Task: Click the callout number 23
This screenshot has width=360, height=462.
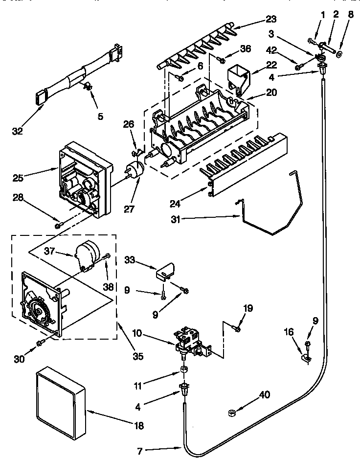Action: [x=271, y=20]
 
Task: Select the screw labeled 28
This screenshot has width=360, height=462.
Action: [x=58, y=225]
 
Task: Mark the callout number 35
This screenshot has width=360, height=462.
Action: [x=138, y=357]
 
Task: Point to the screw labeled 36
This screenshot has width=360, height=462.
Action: [x=221, y=60]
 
